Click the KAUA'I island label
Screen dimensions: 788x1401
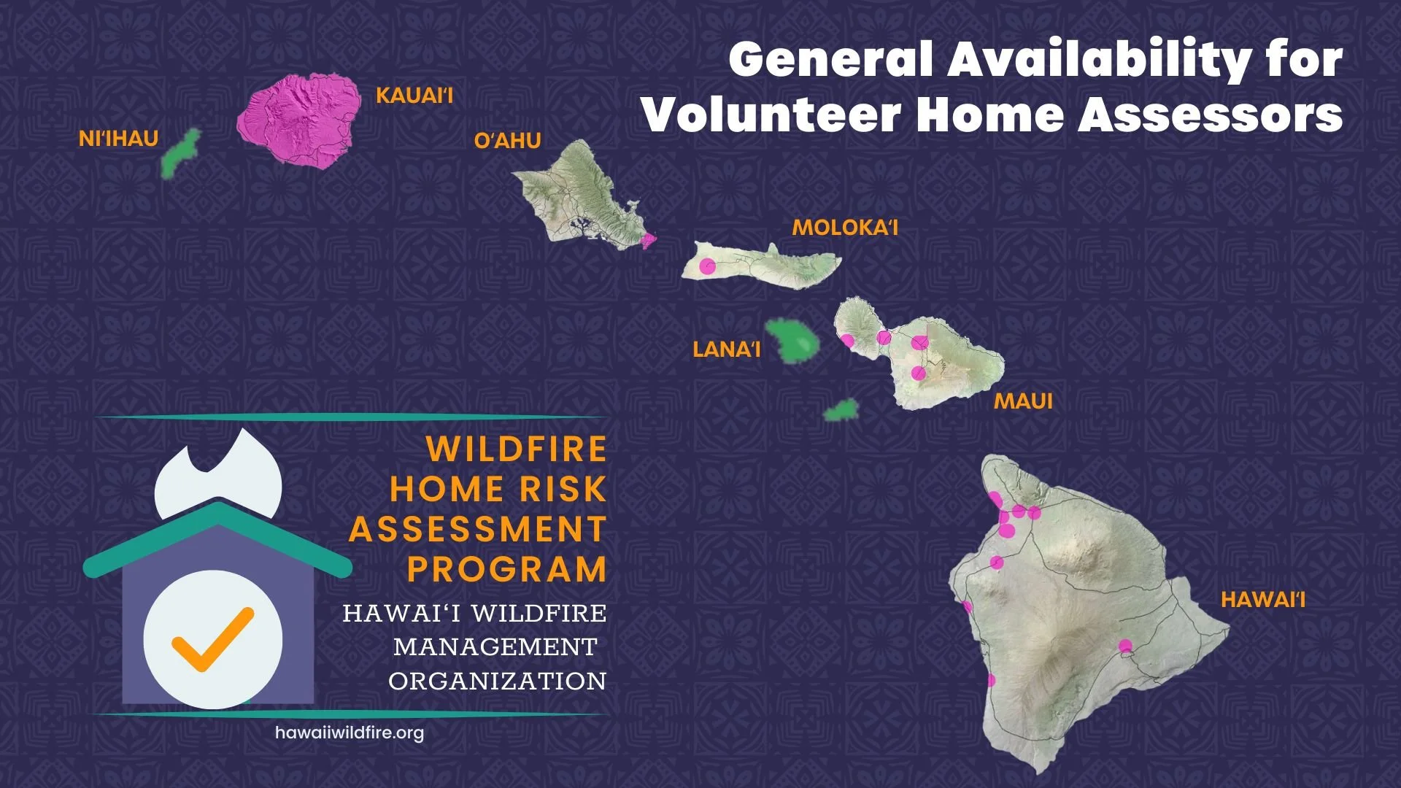click(x=414, y=96)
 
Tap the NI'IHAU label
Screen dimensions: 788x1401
click(x=118, y=139)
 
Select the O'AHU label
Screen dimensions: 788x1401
click(x=507, y=141)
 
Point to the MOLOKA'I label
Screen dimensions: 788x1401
click(x=844, y=228)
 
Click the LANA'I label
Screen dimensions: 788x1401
click(x=726, y=349)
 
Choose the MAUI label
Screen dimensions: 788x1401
click(x=1023, y=401)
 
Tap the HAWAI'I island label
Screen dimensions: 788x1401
click(x=1262, y=600)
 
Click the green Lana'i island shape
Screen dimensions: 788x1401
click(x=792, y=341)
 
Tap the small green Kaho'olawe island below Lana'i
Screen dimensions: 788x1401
click(x=841, y=410)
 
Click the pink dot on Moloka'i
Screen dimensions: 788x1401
click(x=706, y=266)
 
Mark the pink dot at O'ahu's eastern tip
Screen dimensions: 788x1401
click(x=647, y=239)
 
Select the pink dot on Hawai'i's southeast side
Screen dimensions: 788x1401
click(x=1125, y=646)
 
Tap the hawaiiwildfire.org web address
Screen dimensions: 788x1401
click(x=349, y=733)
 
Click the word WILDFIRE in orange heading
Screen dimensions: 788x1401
click(x=516, y=449)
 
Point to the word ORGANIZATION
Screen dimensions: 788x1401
click(x=497, y=681)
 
